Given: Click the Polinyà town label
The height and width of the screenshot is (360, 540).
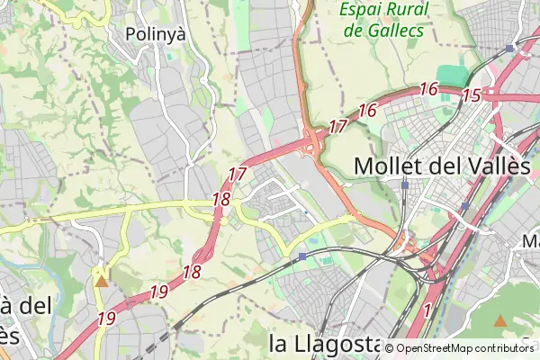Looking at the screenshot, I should click(x=155, y=34).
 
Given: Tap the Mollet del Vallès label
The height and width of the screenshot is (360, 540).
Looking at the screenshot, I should click(x=441, y=166).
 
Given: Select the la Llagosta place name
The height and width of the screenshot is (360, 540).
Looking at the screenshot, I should click(x=325, y=343).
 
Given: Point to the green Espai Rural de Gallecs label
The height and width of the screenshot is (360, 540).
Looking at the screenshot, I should click(x=383, y=20).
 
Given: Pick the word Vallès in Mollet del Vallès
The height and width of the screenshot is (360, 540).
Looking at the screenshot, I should click(x=493, y=166).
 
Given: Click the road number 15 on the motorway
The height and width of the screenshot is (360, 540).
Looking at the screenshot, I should click(x=472, y=94).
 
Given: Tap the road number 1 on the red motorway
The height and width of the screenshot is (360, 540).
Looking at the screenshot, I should click(x=427, y=310).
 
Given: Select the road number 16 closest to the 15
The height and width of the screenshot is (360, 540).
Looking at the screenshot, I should click(x=427, y=89).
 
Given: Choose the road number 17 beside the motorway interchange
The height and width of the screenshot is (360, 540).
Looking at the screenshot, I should click(x=337, y=127).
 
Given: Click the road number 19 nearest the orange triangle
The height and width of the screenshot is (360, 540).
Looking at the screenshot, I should click(x=106, y=318).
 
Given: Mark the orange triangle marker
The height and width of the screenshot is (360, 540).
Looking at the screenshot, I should click(x=102, y=281).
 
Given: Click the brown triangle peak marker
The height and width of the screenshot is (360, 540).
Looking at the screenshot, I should click(x=501, y=320).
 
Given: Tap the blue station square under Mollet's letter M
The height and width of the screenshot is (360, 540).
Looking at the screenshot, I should click(x=406, y=184).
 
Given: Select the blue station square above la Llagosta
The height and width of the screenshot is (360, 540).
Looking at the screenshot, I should click(x=302, y=256).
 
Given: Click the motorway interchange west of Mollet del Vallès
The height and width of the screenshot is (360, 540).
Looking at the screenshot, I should click(x=313, y=144).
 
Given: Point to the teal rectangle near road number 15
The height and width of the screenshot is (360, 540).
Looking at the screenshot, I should click(x=450, y=76).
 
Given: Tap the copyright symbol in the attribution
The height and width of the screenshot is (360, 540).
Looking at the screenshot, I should click(x=390, y=349).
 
